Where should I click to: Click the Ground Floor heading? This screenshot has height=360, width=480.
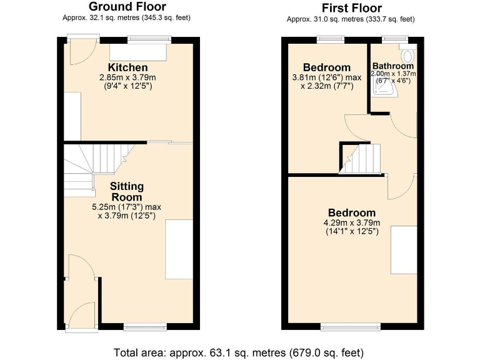[127, 7]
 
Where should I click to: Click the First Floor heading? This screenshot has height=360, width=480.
[351, 8]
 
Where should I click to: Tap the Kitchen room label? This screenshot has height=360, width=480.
[127, 67]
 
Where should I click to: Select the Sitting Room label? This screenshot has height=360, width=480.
[127, 192]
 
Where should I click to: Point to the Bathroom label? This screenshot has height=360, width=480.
[393, 66]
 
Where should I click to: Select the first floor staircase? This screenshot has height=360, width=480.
[361, 158]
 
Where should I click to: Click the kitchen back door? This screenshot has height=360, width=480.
[79, 53]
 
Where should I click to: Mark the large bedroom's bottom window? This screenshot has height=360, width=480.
[350, 326]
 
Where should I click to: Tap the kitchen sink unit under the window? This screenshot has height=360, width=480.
[139, 52]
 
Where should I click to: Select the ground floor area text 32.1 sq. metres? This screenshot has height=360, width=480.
[127, 18]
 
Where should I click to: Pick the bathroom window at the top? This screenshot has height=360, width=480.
[391, 39]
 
